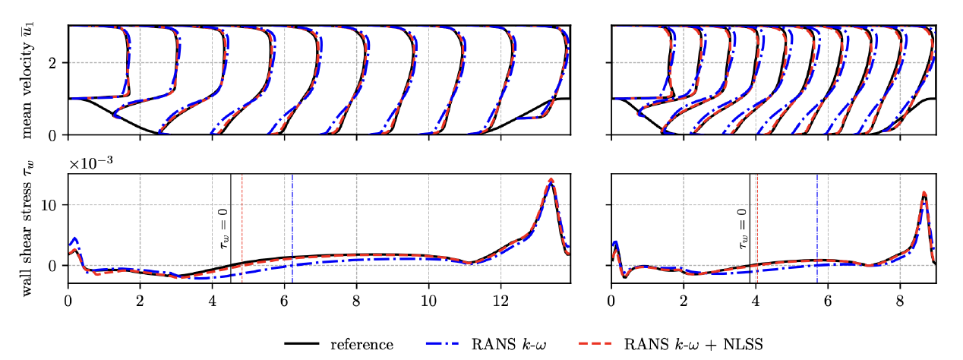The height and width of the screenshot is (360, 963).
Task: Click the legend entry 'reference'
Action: [362, 344]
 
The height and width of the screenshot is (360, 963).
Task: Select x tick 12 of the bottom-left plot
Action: [500, 297]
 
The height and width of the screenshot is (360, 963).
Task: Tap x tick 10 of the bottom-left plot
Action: [428, 297]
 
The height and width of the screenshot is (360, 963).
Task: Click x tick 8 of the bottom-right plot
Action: [900, 297]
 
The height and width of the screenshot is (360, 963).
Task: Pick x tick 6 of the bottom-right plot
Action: [828, 297]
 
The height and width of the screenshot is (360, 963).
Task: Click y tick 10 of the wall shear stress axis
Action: [54, 205]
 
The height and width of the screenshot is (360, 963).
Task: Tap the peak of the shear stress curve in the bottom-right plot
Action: [924, 193]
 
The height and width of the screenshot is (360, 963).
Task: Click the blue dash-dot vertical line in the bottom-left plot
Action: [292, 228]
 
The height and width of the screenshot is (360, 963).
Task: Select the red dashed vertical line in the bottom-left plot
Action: [242, 228]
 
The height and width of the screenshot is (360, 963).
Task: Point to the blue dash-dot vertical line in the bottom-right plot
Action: [817, 228]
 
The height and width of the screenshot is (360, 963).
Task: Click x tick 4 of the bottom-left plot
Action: [212, 297]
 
